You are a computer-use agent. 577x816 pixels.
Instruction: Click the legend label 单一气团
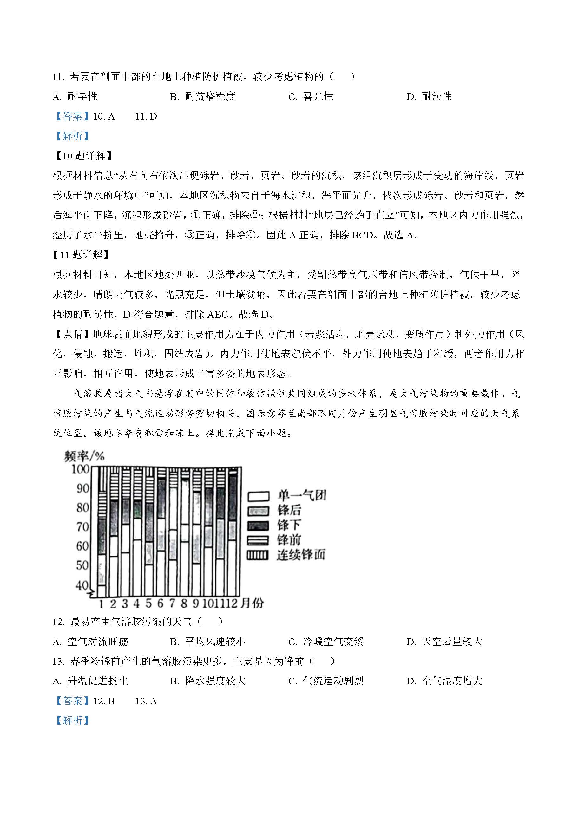(301, 495)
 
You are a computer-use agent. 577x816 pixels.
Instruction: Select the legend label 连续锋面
(301, 555)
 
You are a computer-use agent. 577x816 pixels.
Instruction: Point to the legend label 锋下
(289, 525)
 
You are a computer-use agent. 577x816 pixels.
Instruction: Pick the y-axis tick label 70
(82, 527)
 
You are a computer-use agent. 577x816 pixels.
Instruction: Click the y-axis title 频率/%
(84, 456)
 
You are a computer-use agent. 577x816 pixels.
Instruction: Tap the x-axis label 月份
(252, 604)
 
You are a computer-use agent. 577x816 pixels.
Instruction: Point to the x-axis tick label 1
(101, 604)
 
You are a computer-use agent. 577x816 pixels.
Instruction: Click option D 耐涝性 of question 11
(429, 96)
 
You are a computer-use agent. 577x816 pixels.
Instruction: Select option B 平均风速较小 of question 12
(208, 642)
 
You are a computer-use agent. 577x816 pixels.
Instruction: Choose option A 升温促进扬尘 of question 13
(90, 681)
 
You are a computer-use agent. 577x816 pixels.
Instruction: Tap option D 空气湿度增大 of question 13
(444, 681)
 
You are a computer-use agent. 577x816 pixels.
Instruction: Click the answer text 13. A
(146, 701)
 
